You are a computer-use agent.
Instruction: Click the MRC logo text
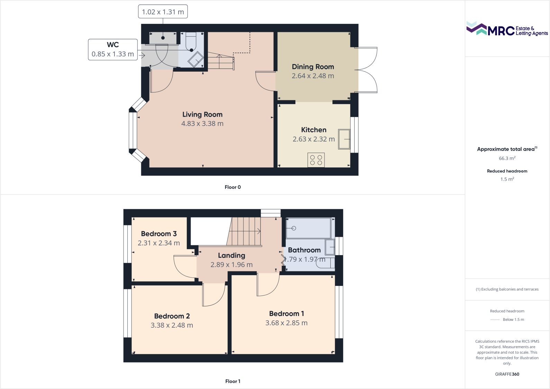point(501,30)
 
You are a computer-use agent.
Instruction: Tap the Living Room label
point(202,115)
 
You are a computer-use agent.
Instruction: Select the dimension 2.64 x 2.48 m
point(313,76)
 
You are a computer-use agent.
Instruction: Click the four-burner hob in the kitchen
point(316,160)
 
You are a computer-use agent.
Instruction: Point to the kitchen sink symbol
point(344,139)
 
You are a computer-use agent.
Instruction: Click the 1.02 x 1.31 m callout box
point(163,12)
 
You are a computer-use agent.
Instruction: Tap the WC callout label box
point(113,49)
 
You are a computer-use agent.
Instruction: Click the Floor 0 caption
point(232,187)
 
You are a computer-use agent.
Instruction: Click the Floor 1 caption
point(232,381)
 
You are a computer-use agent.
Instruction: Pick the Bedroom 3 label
point(159,234)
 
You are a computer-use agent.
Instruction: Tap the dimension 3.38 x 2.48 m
point(172,325)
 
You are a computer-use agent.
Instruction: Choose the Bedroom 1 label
point(286,314)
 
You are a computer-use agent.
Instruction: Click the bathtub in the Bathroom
point(308,228)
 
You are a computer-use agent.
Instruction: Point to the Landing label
point(231,255)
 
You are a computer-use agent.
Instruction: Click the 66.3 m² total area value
point(507,159)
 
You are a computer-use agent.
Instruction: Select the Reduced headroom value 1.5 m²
point(507,179)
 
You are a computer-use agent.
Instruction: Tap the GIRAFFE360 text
point(507,374)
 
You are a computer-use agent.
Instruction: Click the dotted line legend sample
point(495,320)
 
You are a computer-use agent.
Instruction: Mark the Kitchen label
point(313,130)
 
